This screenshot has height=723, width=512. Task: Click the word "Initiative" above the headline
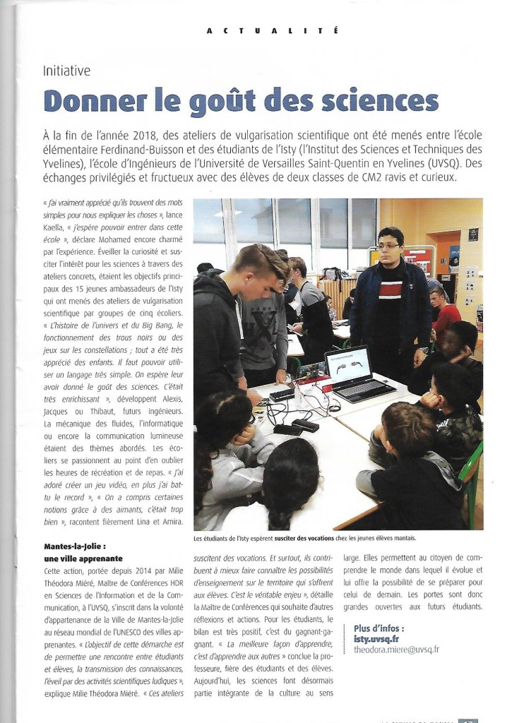66,71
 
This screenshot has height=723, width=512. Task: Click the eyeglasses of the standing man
388,246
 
